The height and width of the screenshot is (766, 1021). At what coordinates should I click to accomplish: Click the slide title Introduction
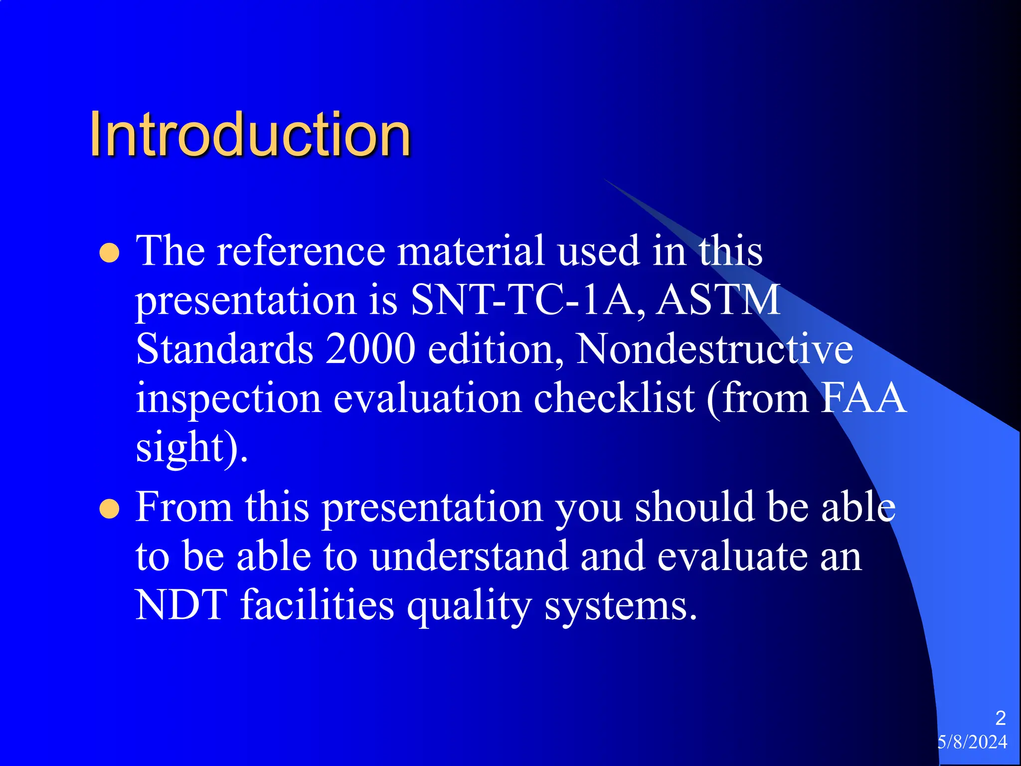[x=250, y=135]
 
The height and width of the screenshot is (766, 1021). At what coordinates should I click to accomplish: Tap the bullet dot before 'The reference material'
[x=109, y=253]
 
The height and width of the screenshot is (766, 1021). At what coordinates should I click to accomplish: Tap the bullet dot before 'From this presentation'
[x=109, y=510]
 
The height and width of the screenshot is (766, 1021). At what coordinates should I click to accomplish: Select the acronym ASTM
[x=718, y=300]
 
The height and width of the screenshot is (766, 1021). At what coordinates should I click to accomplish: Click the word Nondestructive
[x=714, y=349]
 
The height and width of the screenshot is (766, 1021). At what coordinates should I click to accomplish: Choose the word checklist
[x=614, y=398]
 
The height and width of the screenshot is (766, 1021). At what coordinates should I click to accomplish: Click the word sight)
[x=191, y=448]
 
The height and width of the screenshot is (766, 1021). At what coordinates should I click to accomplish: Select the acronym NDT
[x=181, y=605]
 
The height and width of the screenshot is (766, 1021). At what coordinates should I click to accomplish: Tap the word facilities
[x=317, y=605]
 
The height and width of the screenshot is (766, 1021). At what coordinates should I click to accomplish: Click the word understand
[x=469, y=556]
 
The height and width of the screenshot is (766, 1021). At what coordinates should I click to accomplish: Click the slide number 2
[x=1000, y=718]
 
